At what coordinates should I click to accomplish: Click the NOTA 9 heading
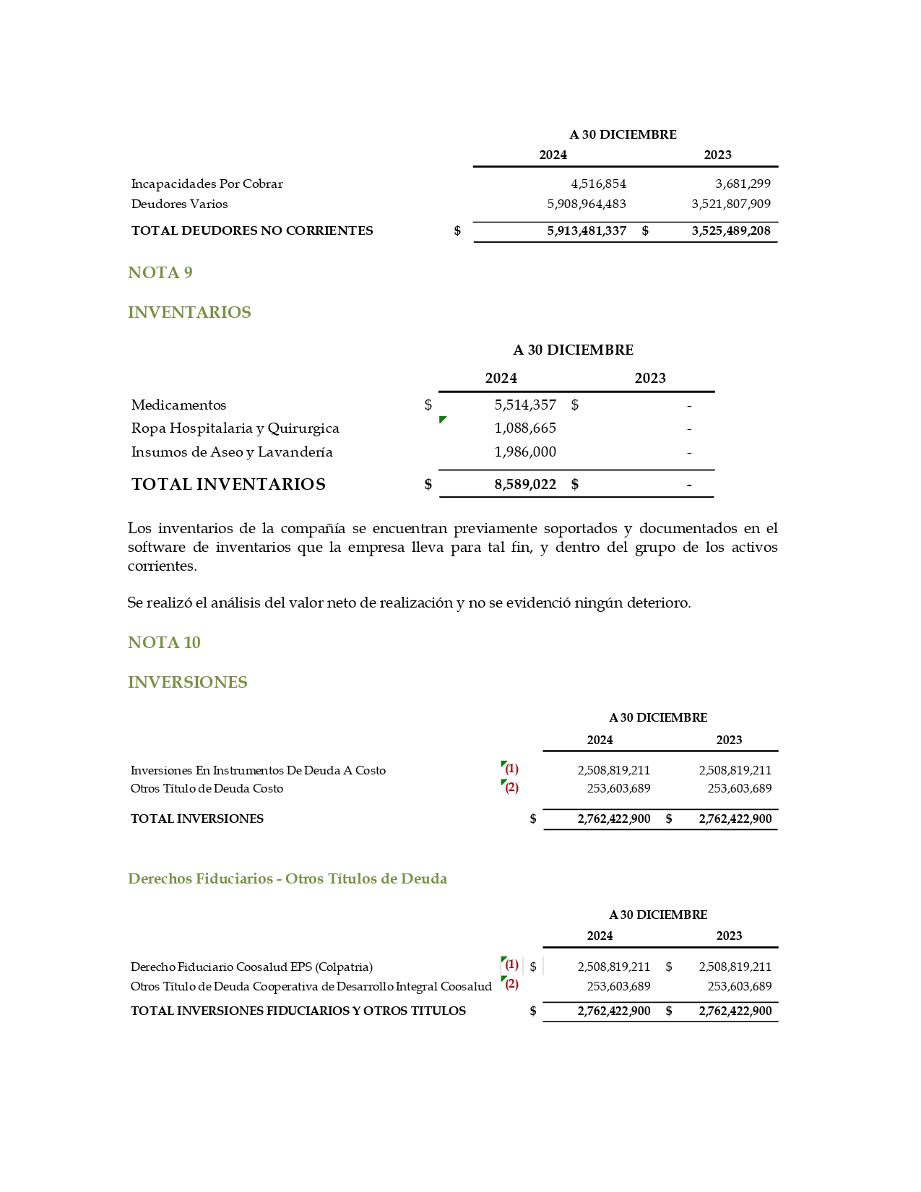(x=160, y=272)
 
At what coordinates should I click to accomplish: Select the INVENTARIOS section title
(x=189, y=312)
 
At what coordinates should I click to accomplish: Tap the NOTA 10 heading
(x=164, y=642)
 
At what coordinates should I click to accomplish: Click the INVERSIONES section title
(x=187, y=682)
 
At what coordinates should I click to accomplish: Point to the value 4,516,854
(x=598, y=183)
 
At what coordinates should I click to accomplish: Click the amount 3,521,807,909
(x=730, y=204)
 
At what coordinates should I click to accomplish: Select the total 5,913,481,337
(x=586, y=230)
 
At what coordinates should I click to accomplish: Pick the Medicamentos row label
(x=178, y=405)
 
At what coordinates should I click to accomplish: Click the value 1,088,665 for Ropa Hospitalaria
(x=525, y=428)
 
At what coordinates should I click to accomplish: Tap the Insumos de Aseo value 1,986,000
(x=525, y=452)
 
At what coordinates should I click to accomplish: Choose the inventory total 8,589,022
(x=525, y=484)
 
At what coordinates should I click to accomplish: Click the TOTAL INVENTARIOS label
(x=228, y=484)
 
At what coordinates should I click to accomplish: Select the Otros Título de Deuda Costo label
(x=207, y=788)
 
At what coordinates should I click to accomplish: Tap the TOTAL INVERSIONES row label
(x=196, y=819)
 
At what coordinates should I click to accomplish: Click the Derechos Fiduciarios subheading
(x=287, y=878)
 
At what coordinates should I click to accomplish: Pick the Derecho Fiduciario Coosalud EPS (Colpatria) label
(x=251, y=967)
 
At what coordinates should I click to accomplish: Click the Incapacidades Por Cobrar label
(x=207, y=183)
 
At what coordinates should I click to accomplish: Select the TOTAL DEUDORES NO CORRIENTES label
(x=252, y=230)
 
